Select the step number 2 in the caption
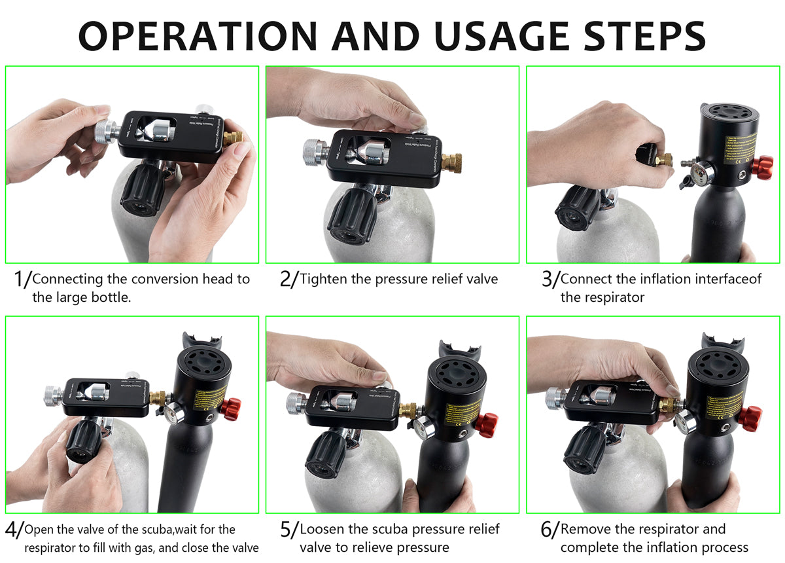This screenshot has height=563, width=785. [x=285, y=279]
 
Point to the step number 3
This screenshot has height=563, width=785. [x=547, y=279]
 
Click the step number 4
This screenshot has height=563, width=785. [x=11, y=529]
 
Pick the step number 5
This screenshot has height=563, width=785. [x=285, y=529]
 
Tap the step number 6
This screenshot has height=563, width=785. [x=547, y=529]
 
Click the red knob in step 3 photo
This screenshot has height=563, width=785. [x=761, y=167]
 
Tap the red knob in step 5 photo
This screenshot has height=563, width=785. [x=486, y=425]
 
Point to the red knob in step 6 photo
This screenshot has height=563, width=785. [x=749, y=417]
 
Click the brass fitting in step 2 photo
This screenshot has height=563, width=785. [x=451, y=161]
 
